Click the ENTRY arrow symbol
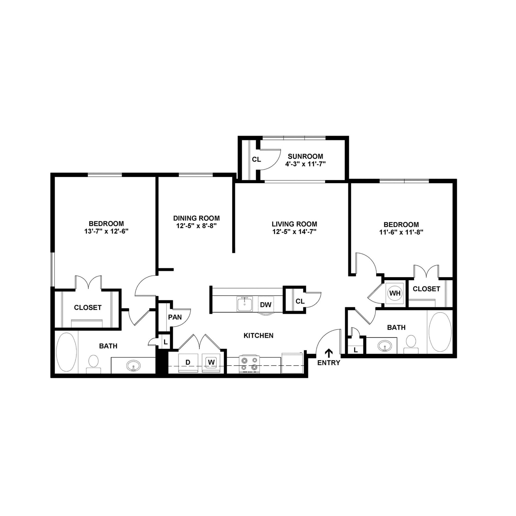[x=329, y=353]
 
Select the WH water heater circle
[x=395, y=293]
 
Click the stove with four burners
[x=249, y=364]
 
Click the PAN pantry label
[x=175, y=317]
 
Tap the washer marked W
[x=211, y=362]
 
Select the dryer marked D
[x=188, y=362]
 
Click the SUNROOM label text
[x=305, y=156]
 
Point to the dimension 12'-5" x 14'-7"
[x=294, y=232]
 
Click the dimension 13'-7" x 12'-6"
[x=107, y=231]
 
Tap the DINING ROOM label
[x=196, y=218]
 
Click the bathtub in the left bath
[x=66, y=352]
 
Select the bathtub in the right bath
[x=440, y=332]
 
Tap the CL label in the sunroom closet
[x=256, y=159]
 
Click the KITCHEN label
[x=258, y=335]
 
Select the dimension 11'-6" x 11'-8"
[x=401, y=232]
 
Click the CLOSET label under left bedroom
[x=88, y=307]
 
